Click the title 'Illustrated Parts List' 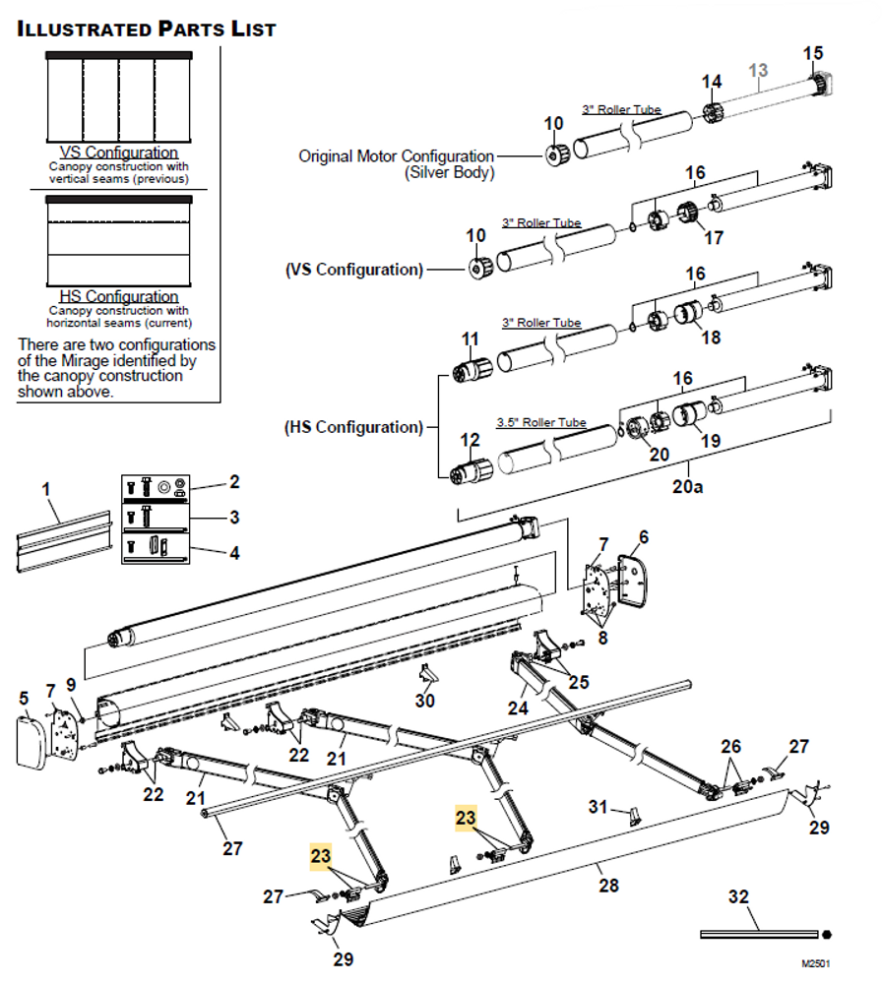pyautogui.click(x=147, y=29)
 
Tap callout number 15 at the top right pyautogui.click(x=813, y=53)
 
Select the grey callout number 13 pyautogui.click(x=758, y=70)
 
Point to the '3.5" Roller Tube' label pyautogui.click(x=541, y=422)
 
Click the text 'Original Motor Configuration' pyautogui.click(x=396, y=155)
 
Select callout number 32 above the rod pyautogui.click(x=737, y=896)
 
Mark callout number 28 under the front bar pyautogui.click(x=609, y=885)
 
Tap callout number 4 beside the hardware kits pyautogui.click(x=233, y=553)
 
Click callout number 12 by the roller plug pyautogui.click(x=471, y=440)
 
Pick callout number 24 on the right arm pyautogui.click(x=518, y=707)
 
